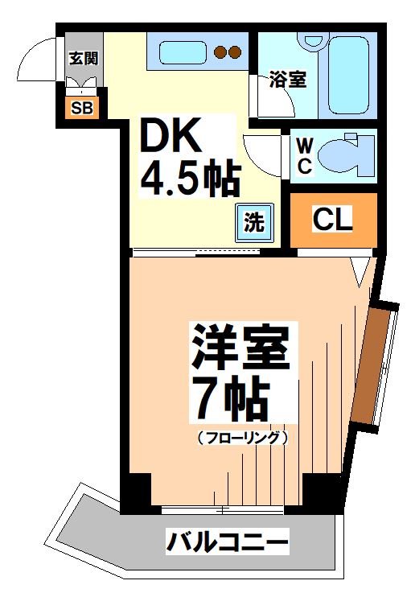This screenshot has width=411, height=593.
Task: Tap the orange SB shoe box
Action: coord(81,108)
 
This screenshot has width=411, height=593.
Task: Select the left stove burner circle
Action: coord(220,53)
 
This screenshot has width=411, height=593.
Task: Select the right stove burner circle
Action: coord(236,53)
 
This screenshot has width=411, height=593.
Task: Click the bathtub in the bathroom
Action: coord(350,72)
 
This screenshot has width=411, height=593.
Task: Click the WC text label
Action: coord(305,155)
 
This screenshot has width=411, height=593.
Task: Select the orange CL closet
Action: coord(332,220)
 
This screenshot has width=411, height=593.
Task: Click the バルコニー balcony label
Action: coord(227,542)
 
